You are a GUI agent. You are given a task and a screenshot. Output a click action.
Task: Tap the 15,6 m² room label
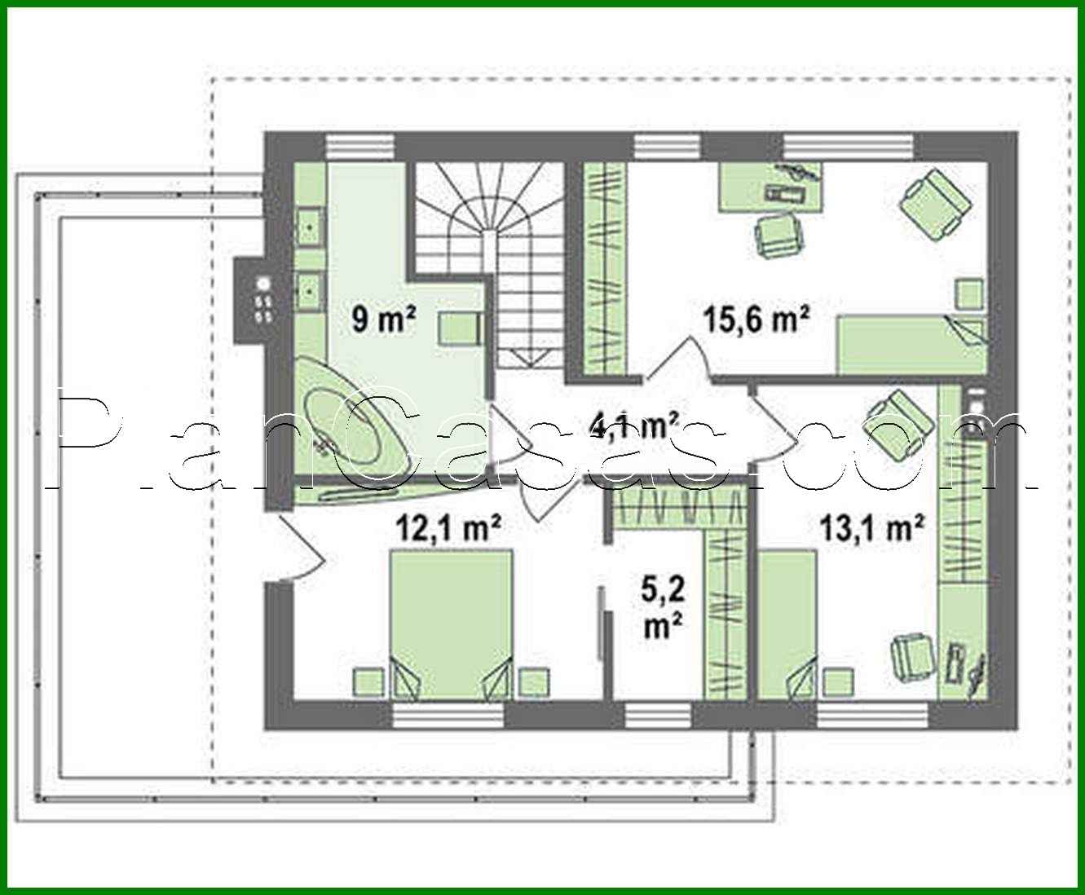(756, 319)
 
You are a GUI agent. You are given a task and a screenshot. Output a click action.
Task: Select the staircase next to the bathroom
(489, 261)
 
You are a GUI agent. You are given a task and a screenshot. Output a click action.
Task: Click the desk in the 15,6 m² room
(770, 186)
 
